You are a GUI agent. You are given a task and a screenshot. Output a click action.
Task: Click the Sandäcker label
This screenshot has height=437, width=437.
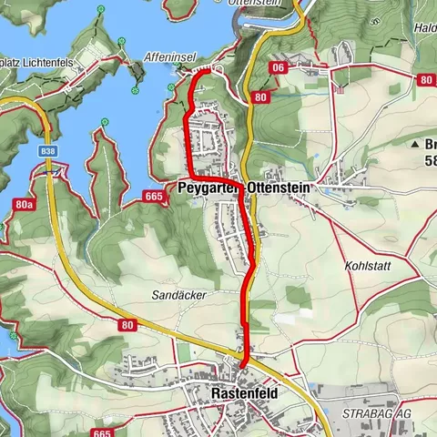click(179, 296)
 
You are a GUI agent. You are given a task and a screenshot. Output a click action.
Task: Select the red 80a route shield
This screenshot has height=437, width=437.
click(24, 206)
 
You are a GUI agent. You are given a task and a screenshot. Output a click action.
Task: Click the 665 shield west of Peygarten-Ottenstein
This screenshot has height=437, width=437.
click(153, 196)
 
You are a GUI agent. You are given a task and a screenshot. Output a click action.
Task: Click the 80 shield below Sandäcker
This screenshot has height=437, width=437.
click(126, 324)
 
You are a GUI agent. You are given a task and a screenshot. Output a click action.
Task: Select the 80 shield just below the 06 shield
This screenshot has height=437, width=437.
click(261, 96)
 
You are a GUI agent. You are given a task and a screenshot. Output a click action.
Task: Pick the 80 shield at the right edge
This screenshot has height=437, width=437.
click(425, 80)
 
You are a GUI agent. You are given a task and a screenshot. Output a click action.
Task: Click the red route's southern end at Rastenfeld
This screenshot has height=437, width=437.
click(242, 363)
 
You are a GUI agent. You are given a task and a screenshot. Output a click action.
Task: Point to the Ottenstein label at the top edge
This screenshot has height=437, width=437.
click(269, 4)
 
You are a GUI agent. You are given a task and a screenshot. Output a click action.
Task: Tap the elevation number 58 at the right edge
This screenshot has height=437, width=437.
click(430, 162)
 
